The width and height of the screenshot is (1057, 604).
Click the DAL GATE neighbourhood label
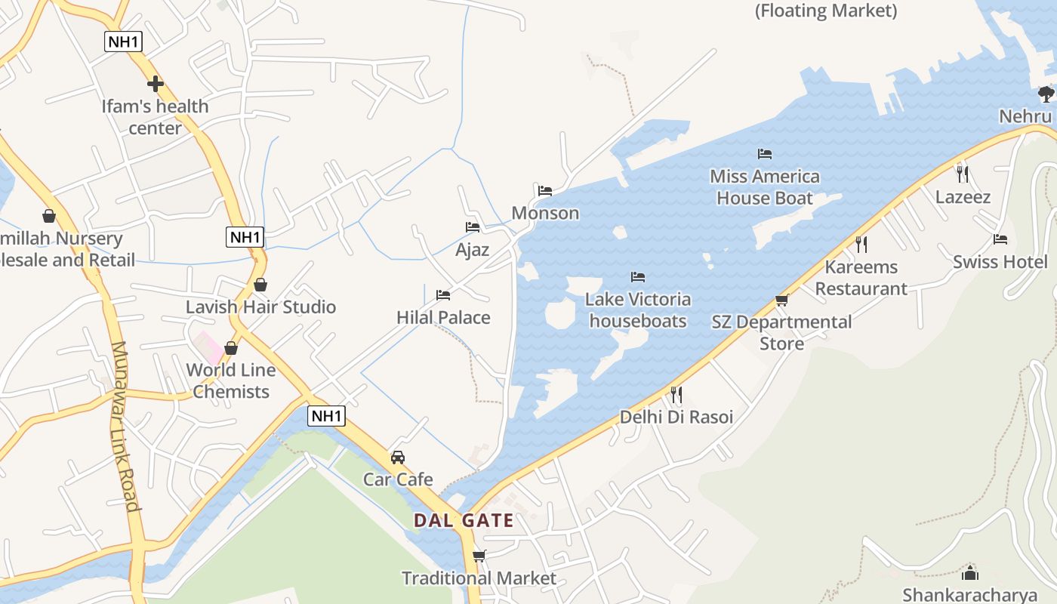point(464,520)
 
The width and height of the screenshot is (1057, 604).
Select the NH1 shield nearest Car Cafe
point(327,415)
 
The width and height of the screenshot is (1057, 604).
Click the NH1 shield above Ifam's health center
point(123,42)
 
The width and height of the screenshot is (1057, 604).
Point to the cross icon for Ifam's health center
point(156,84)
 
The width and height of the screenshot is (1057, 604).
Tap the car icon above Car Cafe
point(398,458)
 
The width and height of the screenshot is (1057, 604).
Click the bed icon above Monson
point(545,191)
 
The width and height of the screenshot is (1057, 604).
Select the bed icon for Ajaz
point(473,227)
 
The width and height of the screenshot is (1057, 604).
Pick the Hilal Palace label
point(443,317)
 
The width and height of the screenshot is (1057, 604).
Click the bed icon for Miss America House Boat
point(765,154)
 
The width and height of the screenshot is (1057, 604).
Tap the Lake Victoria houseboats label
point(638,310)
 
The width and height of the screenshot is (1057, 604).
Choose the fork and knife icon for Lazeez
point(962,174)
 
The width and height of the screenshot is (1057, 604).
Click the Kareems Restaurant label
point(861,278)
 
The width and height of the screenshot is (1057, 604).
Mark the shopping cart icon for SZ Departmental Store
point(781,300)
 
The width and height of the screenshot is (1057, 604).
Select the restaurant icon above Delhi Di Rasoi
point(676,395)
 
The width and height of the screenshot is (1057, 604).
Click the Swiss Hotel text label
point(1000,262)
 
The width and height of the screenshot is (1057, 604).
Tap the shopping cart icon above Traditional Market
point(479,556)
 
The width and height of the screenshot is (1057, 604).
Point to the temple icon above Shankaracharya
point(970,573)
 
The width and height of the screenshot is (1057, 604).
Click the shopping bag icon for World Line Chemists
point(231,348)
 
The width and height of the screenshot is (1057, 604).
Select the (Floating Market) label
point(826,11)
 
